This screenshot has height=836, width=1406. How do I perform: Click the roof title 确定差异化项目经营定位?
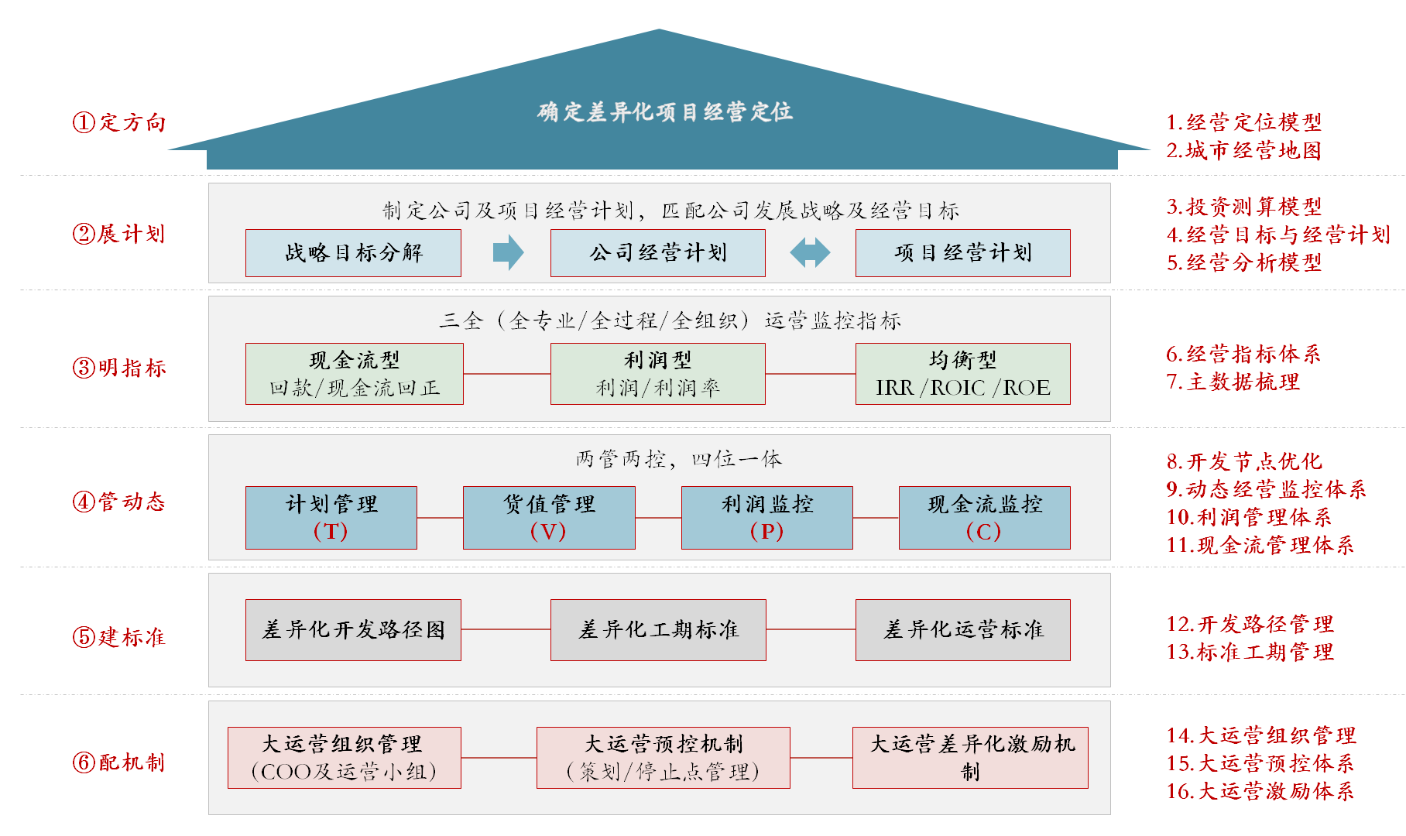tap(664, 112)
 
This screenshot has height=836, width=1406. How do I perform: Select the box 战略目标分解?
tap(353, 253)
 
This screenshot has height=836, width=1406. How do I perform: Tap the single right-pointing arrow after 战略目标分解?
tap(508, 252)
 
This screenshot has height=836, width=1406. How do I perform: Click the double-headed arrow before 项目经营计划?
tap(810, 252)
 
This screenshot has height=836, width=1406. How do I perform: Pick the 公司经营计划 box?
tap(657, 253)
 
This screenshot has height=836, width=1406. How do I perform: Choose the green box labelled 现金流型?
tap(354, 374)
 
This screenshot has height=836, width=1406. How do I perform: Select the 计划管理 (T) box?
tap(331, 518)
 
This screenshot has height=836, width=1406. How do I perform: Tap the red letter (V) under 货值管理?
tap(548, 532)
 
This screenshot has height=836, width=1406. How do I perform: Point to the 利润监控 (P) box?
tap(766, 518)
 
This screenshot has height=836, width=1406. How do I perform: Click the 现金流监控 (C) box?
tap(984, 518)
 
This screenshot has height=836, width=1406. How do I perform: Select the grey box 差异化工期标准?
tap(658, 630)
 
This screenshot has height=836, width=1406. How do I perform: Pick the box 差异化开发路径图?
tap(353, 630)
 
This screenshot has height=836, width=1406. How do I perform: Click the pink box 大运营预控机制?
tap(663, 758)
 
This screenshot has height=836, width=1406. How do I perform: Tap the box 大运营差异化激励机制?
tap(970, 758)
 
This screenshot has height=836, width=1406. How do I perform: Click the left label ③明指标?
tap(119, 368)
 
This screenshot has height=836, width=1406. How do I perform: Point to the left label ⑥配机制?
tap(119, 762)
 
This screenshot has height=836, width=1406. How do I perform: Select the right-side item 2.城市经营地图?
tap(1243, 150)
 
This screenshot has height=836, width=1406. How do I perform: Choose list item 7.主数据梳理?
tap(1233, 382)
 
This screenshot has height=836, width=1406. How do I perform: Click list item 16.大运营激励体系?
tap(1260, 791)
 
